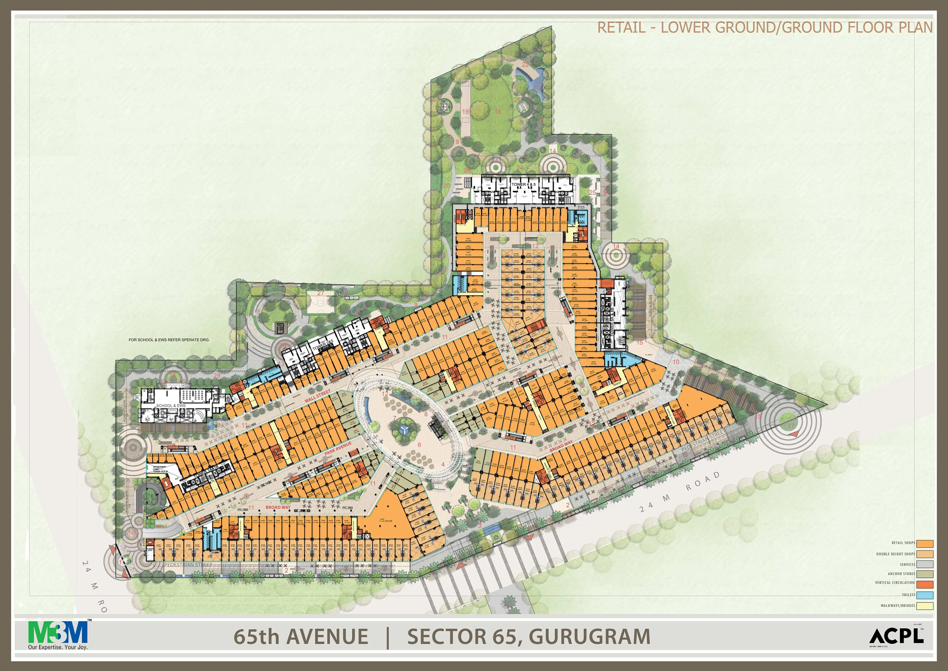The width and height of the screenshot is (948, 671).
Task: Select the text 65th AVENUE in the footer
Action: click(x=301, y=636)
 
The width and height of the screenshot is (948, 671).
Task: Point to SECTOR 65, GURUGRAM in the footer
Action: click(x=529, y=636)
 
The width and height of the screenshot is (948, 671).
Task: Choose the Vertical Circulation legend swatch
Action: click(x=924, y=584)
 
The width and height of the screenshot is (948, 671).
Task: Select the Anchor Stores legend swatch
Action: click(x=924, y=574)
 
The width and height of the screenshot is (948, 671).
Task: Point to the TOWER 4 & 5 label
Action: click(x=524, y=184)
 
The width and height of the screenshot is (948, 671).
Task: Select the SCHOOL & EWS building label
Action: click(x=170, y=405)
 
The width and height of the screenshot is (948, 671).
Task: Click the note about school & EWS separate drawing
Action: click(x=169, y=340)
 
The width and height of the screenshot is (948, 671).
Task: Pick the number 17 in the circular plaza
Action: click(x=791, y=426)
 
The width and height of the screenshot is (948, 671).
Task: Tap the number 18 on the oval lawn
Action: click(x=498, y=112)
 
